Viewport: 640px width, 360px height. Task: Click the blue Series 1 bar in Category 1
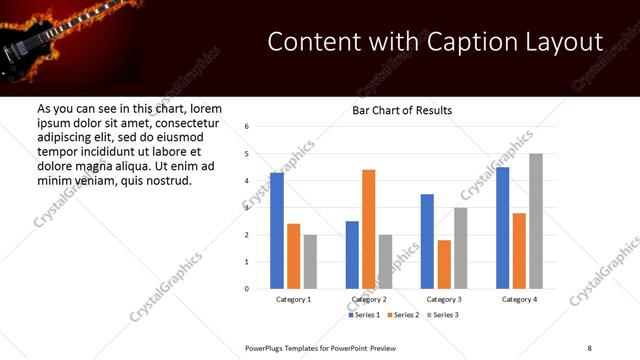(x=277, y=231)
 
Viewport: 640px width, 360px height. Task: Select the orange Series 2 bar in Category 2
(x=368, y=229)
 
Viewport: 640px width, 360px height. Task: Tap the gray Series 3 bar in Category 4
(x=536, y=221)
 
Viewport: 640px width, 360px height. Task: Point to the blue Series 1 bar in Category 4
(x=502, y=228)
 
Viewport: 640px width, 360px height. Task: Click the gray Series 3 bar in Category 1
(x=310, y=262)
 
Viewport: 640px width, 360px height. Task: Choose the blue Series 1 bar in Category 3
(x=427, y=241)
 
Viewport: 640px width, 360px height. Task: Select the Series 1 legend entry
(x=364, y=315)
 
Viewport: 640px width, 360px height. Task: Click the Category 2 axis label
(x=369, y=299)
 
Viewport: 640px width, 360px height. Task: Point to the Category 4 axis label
(x=519, y=299)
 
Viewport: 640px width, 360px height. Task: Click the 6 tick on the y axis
(x=247, y=127)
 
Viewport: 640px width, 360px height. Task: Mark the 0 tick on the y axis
(x=247, y=289)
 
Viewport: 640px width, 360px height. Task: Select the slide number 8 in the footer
(x=589, y=347)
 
